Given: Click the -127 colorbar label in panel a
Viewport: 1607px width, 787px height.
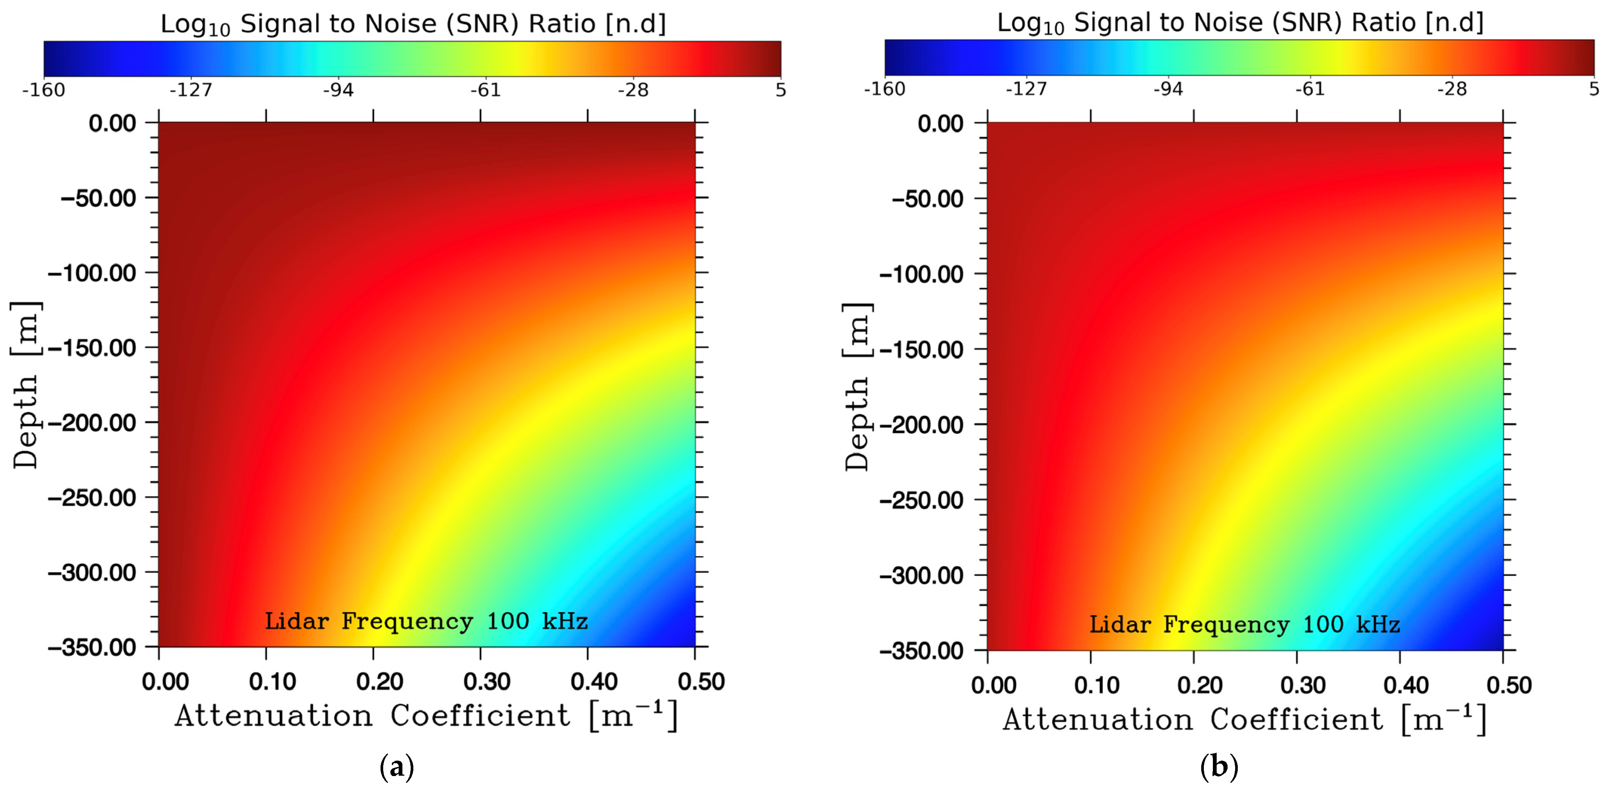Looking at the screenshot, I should pos(191,90).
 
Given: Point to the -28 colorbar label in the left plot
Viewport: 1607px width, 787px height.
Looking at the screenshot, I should pos(633,90).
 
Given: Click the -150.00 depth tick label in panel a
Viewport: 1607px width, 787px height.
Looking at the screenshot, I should pos(92,348).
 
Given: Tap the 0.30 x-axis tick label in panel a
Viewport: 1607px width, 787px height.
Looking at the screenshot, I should pos(487,681).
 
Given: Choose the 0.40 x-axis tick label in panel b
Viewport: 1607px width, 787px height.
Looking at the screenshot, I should pos(1406,685).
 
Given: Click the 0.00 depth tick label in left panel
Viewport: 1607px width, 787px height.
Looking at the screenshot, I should pos(112,124).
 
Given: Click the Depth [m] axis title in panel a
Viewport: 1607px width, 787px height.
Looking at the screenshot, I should pos(26,385).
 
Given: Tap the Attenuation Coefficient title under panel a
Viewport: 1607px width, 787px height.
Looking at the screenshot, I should pos(426,716).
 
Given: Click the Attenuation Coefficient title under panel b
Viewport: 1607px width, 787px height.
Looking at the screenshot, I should pos(1245,720).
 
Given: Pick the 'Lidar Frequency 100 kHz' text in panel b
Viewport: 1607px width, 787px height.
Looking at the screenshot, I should pos(1245,625).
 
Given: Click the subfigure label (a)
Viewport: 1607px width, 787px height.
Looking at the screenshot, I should pos(397,766).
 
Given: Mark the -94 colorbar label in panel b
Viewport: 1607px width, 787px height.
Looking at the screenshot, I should pos(1168,89).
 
